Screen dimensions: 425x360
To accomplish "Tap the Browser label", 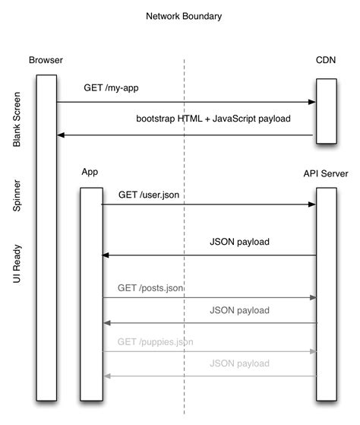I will pos(46,60).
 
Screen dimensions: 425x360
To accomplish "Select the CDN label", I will pos(325,60).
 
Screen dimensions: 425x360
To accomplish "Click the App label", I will pos(90,173).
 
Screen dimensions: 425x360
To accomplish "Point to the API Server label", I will pos(326,173).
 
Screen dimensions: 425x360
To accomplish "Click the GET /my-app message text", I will pos(111,88).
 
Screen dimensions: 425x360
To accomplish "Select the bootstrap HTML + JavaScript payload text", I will pos(213,119).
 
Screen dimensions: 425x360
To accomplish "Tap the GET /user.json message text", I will pos(149,195).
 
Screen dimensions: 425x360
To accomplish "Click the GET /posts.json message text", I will pos(150,288).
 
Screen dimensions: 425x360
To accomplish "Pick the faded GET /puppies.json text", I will pos(155,342).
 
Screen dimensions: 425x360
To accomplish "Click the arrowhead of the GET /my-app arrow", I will pos(311,102).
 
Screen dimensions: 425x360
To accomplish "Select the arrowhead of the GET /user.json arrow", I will pos(311,205).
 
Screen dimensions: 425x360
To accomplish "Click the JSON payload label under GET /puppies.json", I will pos(239,364).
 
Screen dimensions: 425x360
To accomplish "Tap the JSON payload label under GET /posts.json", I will pos(239,310).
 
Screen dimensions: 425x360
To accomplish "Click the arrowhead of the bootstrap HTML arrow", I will pos(62,135).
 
